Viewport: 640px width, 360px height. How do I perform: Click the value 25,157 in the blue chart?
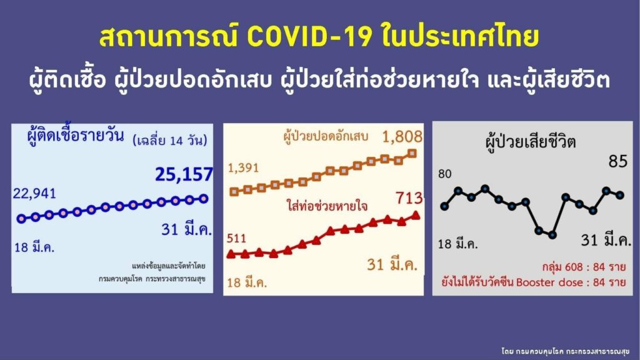point(184,174)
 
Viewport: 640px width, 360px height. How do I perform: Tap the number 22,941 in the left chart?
point(34,194)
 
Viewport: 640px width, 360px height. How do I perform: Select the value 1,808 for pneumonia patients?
point(402,137)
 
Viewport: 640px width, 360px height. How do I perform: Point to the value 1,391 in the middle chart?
point(243,167)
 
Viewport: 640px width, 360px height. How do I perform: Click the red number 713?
point(409,198)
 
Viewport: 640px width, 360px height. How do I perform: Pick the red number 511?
point(237,238)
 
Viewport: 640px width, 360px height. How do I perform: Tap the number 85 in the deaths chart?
point(618,162)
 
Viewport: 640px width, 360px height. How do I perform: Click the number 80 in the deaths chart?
point(444,174)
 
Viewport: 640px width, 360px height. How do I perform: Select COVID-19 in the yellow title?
point(310,37)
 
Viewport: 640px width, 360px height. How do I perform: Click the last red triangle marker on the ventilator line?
point(416,215)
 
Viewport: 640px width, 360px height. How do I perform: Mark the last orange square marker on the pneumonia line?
point(412,154)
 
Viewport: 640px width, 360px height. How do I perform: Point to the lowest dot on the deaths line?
point(552,235)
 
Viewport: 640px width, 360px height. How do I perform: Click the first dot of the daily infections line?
point(21,219)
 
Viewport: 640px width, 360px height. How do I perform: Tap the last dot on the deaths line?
point(620,195)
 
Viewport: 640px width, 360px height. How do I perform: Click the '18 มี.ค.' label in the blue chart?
point(34,247)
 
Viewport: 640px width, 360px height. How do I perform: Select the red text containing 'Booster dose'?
point(534,282)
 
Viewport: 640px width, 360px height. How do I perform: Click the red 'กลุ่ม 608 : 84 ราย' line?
point(584,267)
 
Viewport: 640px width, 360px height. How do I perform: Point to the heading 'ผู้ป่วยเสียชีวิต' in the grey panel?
point(531,142)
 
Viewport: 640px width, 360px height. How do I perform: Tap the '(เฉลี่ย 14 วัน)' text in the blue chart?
point(170,141)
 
